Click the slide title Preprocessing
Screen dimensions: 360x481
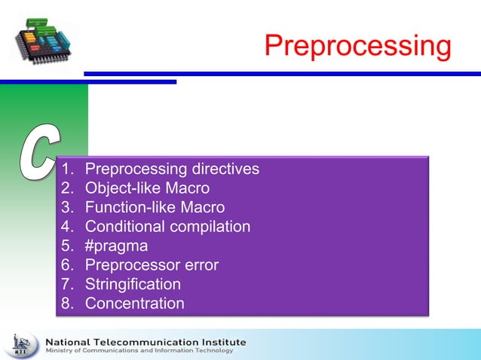[x=357, y=46]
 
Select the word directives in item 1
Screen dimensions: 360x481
[x=225, y=169]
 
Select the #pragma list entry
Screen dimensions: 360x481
[x=116, y=246]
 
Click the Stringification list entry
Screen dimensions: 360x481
[x=133, y=285]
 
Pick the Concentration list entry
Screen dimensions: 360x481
[x=134, y=304]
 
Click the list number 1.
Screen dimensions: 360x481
[x=68, y=169]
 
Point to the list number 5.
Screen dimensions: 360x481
[x=68, y=246]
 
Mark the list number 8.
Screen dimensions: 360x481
[x=68, y=304]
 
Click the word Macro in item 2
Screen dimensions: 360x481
[x=188, y=188]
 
